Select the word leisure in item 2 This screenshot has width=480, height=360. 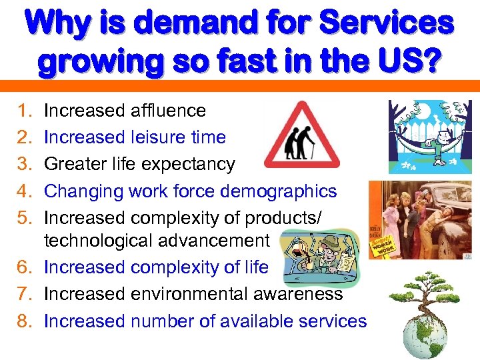(159, 137)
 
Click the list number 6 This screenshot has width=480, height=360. (25, 267)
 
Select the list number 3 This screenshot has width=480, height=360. (25, 164)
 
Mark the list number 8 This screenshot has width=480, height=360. (25, 321)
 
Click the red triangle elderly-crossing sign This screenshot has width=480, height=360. (301, 136)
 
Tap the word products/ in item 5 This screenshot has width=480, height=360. (296, 218)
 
